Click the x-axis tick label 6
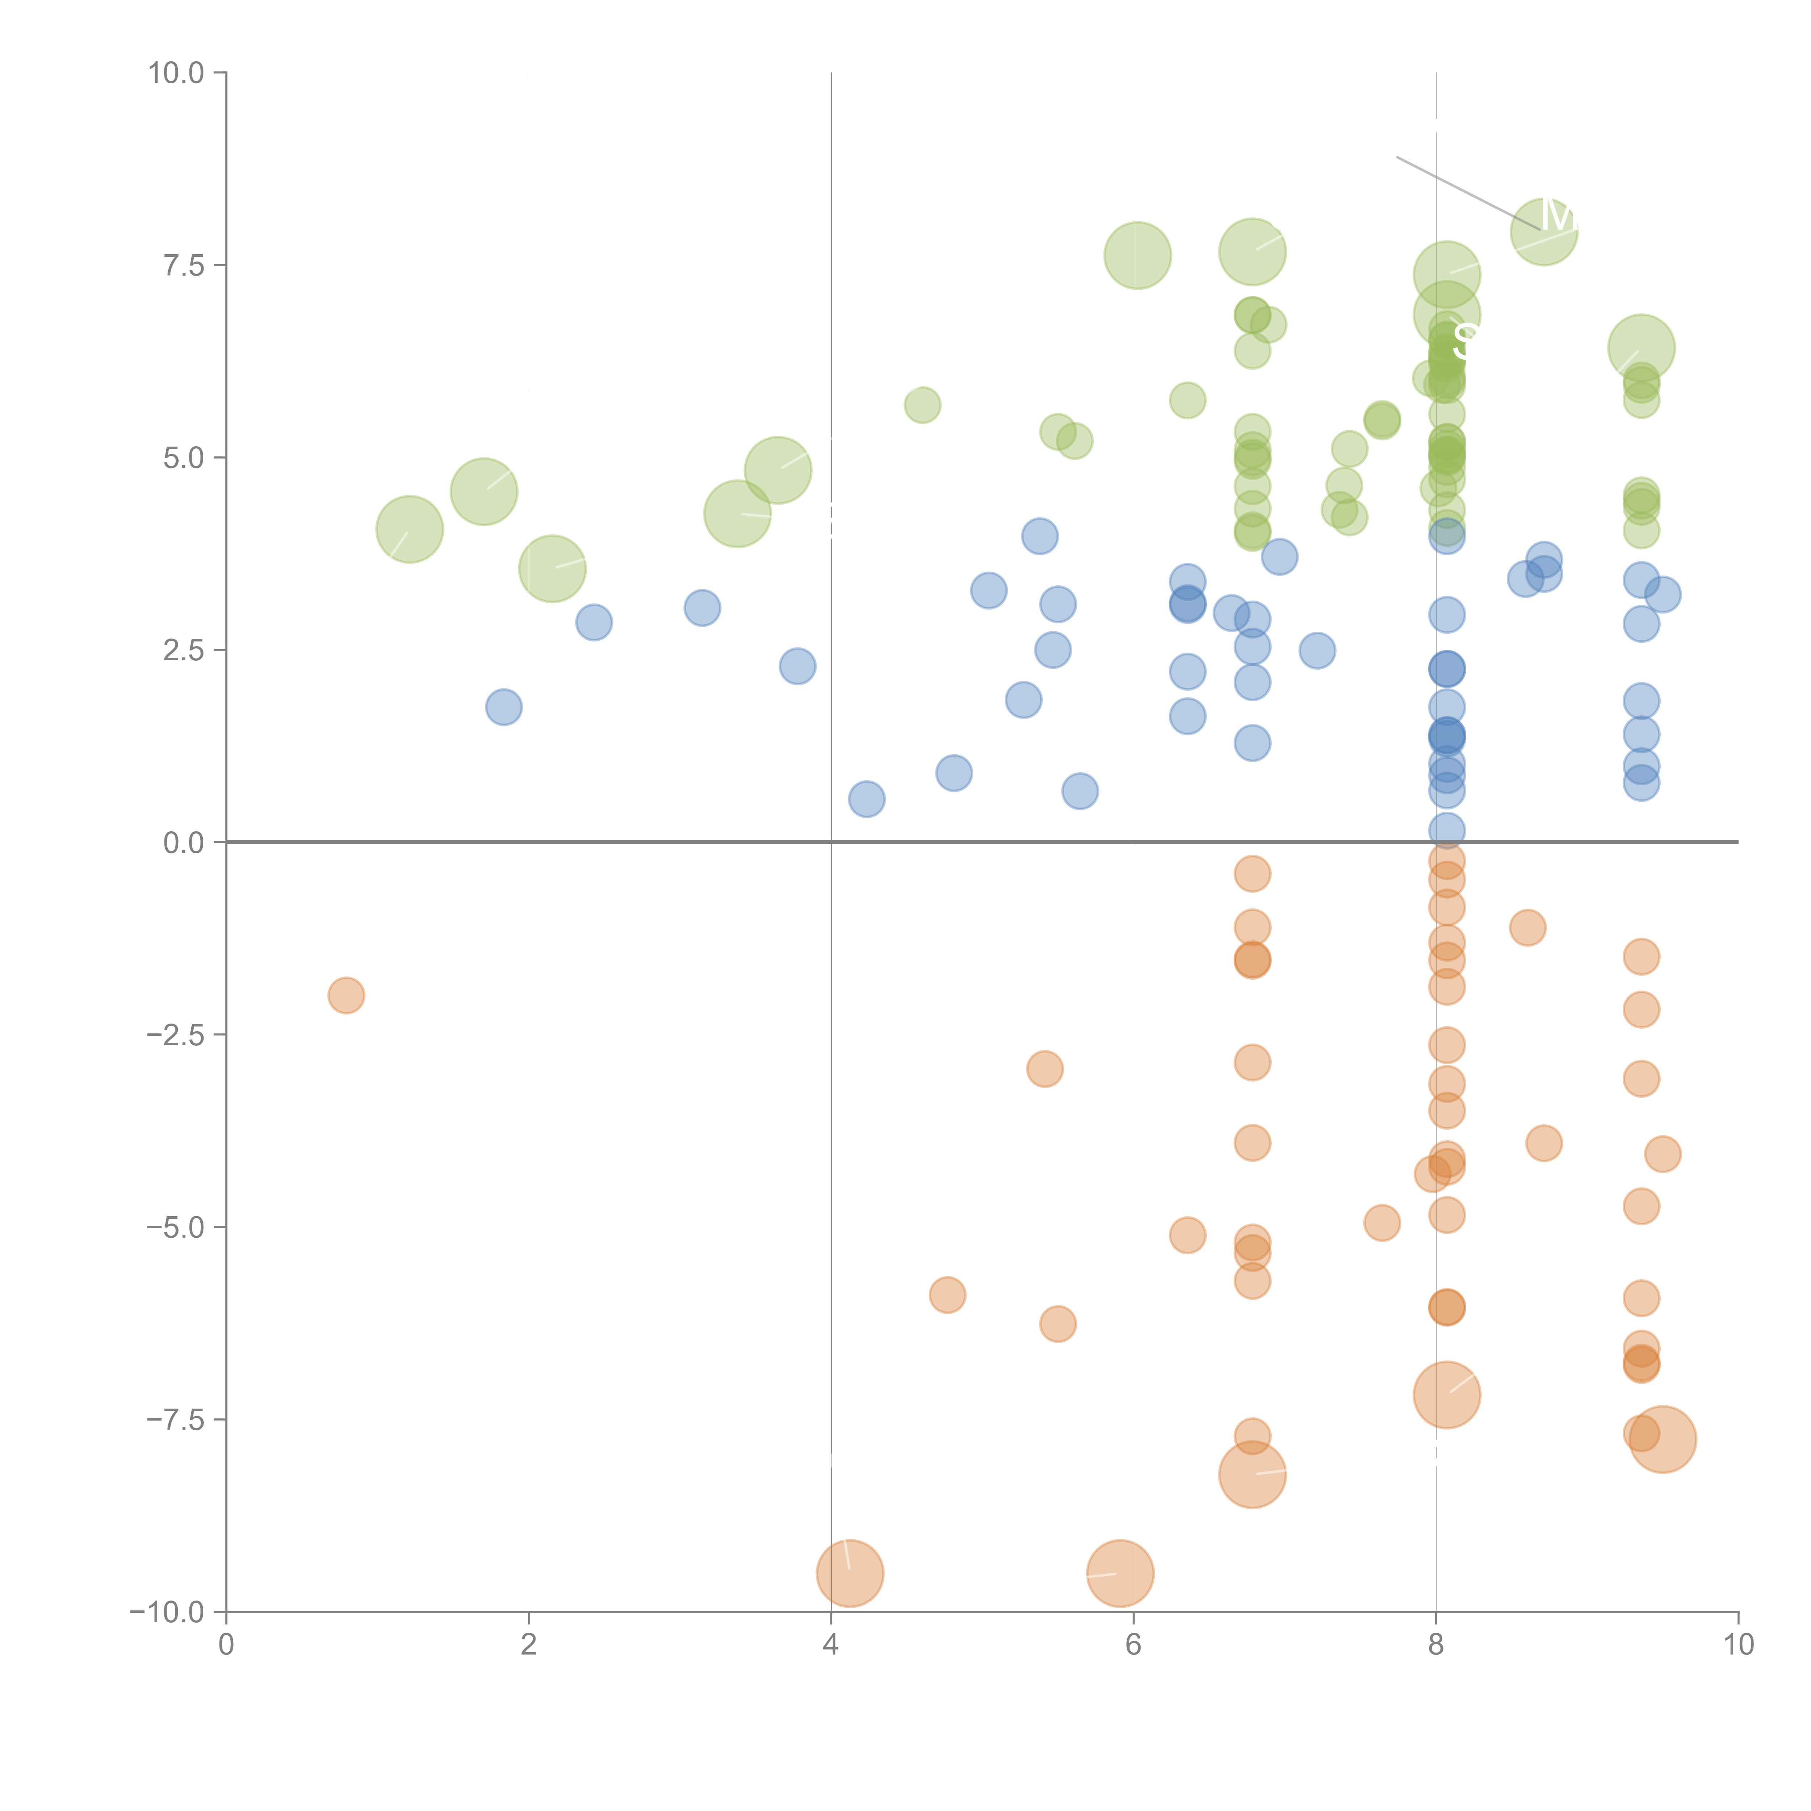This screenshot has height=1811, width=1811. (x=1133, y=1645)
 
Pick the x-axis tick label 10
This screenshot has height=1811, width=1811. (x=1738, y=1645)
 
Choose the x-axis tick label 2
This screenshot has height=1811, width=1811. (x=529, y=1645)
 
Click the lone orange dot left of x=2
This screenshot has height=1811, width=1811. (x=346, y=995)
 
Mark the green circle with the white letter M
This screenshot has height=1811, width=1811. (x=1544, y=231)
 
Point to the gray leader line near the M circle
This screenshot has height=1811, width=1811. (x=1462, y=190)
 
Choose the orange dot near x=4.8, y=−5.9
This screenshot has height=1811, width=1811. (x=948, y=1296)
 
